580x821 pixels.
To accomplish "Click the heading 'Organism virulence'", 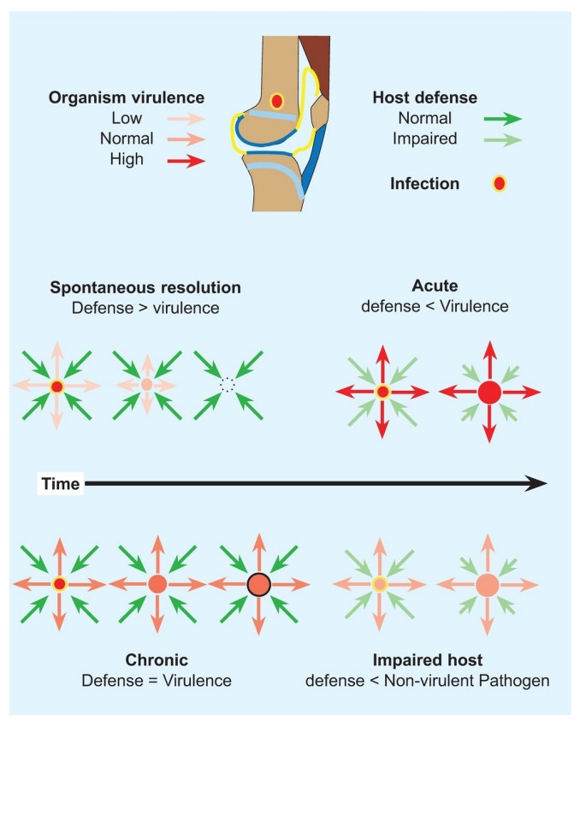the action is (x=127, y=97).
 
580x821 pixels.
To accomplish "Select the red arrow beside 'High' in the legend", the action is (x=186, y=161).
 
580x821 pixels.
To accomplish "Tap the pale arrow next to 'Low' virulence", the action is (x=186, y=119).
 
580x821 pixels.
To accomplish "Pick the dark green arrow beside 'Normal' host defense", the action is (x=503, y=119).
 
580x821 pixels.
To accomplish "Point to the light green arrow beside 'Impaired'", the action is (x=503, y=139).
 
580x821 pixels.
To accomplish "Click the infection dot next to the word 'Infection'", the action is (x=500, y=184).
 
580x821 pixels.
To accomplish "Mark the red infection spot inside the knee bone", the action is (x=276, y=101).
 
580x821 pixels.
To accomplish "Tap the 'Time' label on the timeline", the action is (x=60, y=484).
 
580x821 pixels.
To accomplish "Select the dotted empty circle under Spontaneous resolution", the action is (x=228, y=385).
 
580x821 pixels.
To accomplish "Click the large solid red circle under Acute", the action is (x=490, y=393).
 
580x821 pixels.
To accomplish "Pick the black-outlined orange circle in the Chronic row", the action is (x=258, y=584).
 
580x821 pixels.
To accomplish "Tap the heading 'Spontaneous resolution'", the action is (x=145, y=287).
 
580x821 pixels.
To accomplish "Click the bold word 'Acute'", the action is (x=435, y=286).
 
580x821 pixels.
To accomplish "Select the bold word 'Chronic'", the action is (x=157, y=659).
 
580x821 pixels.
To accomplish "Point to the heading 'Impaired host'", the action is (x=428, y=659).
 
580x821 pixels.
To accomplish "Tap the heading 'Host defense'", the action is (x=425, y=97).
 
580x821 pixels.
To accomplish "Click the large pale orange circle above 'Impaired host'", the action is (x=488, y=584).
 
